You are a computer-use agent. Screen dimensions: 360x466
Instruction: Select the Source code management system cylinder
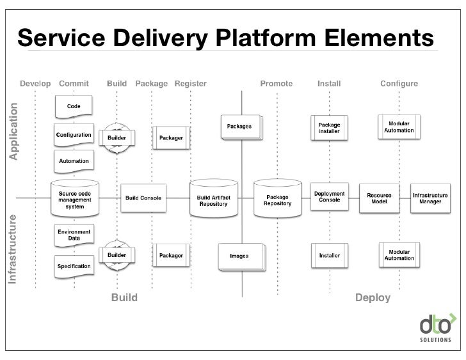pyautogui.click(x=75, y=198)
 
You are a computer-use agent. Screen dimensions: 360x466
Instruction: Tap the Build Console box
pyautogui.click(x=143, y=198)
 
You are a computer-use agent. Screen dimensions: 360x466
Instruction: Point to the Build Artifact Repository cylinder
pyautogui.click(x=213, y=200)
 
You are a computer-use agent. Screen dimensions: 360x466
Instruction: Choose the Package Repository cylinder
pyautogui.click(x=277, y=200)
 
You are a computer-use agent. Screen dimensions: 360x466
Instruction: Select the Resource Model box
pyautogui.click(x=379, y=198)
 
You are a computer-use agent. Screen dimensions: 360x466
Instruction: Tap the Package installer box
pyautogui.click(x=330, y=128)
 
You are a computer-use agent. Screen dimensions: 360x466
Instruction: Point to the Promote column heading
pyautogui.click(x=277, y=84)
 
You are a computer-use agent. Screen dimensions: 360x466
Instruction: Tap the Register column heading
pyautogui.click(x=190, y=84)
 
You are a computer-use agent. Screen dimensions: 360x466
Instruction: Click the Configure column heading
pyautogui.click(x=399, y=84)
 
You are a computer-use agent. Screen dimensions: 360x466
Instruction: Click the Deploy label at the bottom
pyautogui.click(x=373, y=298)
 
